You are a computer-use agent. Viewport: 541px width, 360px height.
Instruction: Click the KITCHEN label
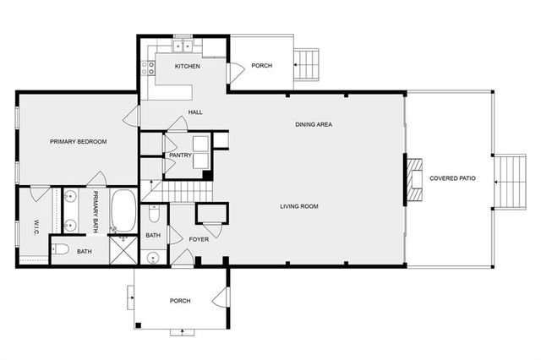(187, 67)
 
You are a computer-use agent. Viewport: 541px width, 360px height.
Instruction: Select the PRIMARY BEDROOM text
(78, 142)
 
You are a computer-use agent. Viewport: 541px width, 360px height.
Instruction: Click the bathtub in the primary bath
(124, 210)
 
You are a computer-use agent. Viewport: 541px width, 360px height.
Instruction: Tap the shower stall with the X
(123, 249)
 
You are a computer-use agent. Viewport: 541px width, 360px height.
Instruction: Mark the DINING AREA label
(313, 125)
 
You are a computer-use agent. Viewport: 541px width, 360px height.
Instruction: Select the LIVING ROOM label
(299, 205)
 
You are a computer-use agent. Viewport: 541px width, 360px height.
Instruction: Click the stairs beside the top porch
(308, 63)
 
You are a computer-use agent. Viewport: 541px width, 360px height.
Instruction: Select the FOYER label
(199, 240)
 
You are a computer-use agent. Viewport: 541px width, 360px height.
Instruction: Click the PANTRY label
(180, 155)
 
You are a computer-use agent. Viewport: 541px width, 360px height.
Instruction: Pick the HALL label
(195, 112)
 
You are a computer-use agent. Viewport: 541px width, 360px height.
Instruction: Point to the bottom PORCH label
(180, 301)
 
